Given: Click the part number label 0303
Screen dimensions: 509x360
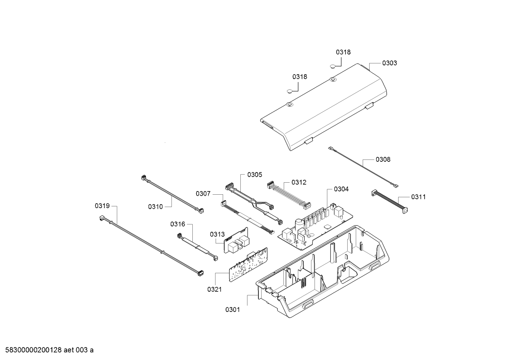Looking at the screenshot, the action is point(389,63).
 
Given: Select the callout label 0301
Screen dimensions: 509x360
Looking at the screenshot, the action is point(233,309).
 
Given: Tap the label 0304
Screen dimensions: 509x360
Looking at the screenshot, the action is point(341,189).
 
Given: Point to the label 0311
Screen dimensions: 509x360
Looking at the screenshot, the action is point(418,197).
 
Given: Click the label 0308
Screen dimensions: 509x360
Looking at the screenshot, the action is point(383,159).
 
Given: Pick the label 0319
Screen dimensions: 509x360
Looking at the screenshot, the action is point(102,206).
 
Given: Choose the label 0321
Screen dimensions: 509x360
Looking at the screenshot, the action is point(215,289).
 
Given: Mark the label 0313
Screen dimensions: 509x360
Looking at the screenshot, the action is point(217,234).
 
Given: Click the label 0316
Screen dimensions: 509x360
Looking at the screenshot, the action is point(178,224).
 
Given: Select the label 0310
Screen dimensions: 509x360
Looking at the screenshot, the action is point(155,207).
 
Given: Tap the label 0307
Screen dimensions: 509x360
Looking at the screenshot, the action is point(203,194).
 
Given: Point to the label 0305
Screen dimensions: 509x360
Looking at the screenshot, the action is point(255,175).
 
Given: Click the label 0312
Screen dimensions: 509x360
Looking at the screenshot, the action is point(299,182).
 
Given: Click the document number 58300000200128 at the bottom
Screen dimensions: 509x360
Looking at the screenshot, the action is point(34,350).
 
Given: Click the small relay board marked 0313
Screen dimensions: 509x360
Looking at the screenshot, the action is point(236,240).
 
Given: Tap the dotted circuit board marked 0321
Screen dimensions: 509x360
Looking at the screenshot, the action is point(248,265).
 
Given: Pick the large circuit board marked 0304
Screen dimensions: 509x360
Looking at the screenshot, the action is point(316,227).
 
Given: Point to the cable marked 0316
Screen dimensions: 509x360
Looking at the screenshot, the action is point(197,247).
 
